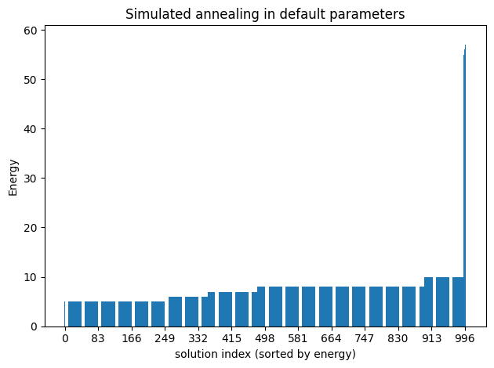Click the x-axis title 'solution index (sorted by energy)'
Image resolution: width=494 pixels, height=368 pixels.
265,354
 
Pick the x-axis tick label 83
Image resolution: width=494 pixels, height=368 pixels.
98,338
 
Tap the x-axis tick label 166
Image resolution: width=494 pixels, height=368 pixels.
131,338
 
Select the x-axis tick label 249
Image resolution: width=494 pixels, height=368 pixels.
165,338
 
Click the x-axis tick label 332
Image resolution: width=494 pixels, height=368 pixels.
198,338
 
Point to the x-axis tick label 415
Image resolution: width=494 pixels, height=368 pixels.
231,338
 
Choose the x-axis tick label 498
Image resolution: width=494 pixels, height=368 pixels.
265,338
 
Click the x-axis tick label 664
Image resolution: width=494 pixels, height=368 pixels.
332,338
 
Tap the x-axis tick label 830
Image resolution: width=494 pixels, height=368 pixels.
398,338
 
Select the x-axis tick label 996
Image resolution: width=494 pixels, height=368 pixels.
466,338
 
